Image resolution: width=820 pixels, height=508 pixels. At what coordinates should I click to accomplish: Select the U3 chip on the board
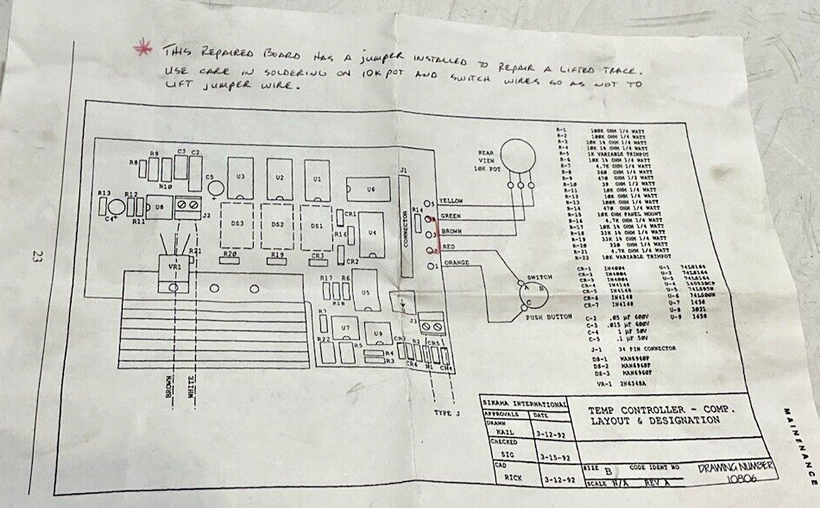[241, 176]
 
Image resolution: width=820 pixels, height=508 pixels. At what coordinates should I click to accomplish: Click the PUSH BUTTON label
[550, 317]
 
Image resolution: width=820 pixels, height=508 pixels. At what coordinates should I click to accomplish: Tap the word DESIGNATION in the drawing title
[684, 420]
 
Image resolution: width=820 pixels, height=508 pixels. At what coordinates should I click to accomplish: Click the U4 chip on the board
[372, 233]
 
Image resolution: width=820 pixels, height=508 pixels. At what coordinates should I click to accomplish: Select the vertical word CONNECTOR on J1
[405, 228]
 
